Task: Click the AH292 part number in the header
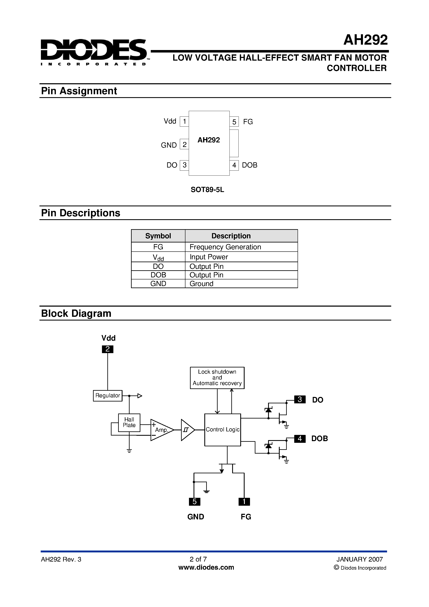365,40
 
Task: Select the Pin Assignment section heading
79,91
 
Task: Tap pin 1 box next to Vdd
184,122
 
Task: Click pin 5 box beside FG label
234,122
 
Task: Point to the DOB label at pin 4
249,165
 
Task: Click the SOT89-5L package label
207,190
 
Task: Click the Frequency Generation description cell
225,247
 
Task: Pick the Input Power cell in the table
209,257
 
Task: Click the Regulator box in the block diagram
108,396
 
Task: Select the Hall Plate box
129,422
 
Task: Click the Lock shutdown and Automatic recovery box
217,378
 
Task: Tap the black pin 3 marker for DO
300,399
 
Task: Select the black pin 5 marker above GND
194,502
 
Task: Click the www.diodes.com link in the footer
206,568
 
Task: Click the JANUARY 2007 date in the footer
359,559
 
